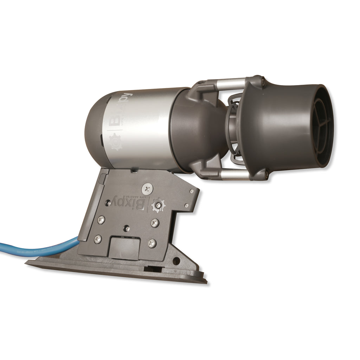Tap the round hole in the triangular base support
[x=176, y=261]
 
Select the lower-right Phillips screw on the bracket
[x=152, y=243]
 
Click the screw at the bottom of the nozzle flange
[x=266, y=173]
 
